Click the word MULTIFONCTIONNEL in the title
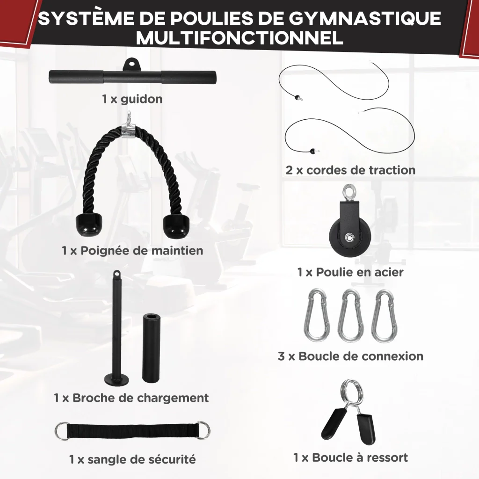(240, 38)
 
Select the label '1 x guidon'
(132, 99)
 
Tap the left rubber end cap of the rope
(89, 225)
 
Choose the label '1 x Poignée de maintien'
(132, 251)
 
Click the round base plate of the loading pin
(116, 378)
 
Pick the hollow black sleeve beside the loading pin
(151, 348)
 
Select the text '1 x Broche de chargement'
(131, 398)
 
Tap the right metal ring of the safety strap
(203, 430)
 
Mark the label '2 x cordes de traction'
(350, 170)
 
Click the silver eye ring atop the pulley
(349, 191)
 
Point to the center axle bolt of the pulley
(348, 237)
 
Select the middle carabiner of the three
(350, 316)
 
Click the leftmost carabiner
(316, 316)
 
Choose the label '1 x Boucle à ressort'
(350, 457)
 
